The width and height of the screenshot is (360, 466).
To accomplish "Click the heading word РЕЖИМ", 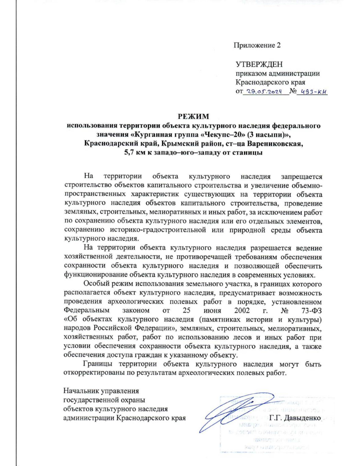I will [x=193, y=116].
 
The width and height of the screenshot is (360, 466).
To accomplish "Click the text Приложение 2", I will [x=257, y=45].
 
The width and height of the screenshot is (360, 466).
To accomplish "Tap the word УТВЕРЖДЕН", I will [x=259, y=65].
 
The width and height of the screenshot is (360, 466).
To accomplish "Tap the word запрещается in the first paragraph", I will [x=301, y=176].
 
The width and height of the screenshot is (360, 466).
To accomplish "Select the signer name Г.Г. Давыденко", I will [x=295, y=418].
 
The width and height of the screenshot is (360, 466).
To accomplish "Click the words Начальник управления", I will [x=101, y=391].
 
